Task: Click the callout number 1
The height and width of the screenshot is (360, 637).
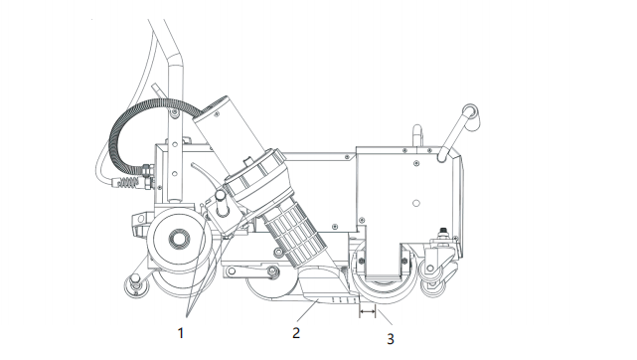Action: coord(181,333)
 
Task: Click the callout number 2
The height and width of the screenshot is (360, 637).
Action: coord(296,333)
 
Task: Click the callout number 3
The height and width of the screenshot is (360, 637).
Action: coord(391,339)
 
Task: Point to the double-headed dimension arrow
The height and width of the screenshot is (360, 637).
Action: coord(368,311)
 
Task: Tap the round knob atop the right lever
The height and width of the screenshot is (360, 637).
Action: coord(471,112)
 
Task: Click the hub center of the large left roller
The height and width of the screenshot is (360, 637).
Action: coord(179,238)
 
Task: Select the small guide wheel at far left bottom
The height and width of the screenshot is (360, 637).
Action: coord(135,284)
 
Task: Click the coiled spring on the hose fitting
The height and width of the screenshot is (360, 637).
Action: coord(129,183)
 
